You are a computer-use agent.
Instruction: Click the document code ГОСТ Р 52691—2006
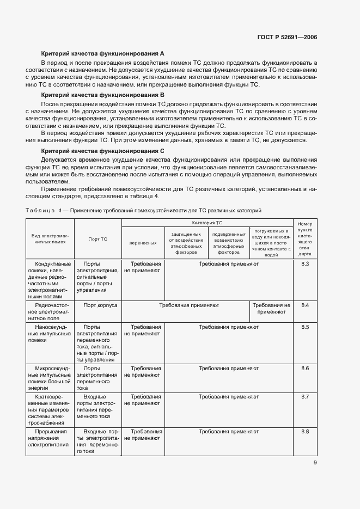coord(287,37)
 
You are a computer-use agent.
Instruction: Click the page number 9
coord(315,463)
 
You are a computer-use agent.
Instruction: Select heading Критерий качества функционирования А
coord(103,53)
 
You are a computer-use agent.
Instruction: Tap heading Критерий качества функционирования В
coord(103,95)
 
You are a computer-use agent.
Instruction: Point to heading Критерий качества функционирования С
coord(103,150)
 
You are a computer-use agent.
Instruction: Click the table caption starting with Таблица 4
coord(144,210)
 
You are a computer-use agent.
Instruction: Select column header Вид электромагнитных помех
coord(49,239)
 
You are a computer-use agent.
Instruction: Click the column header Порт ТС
coord(97,239)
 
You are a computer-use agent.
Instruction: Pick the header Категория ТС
coord(207,223)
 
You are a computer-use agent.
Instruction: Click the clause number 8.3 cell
coord(305,264)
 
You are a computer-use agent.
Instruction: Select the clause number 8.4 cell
coord(305,305)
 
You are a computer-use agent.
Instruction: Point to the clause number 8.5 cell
coord(305,327)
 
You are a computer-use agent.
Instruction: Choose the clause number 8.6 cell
coord(305,369)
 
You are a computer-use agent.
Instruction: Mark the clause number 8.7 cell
coord(305,397)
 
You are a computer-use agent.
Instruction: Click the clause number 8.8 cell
coord(305,432)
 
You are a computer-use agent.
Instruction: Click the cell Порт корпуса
coord(97,305)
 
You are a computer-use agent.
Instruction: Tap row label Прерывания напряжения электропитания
coord(50,438)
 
